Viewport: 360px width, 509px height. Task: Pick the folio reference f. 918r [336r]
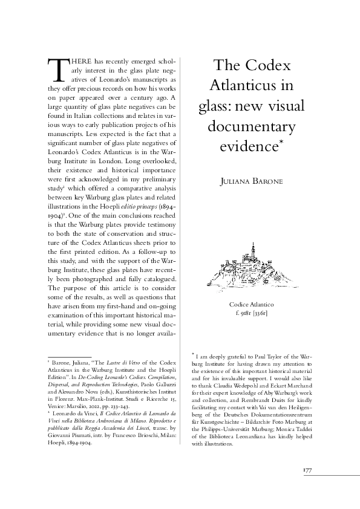(x=251, y=314)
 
